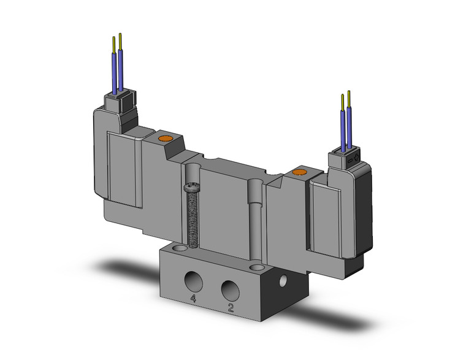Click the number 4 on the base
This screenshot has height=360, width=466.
(x=193, y=299)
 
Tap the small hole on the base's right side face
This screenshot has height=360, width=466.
(x=283, y=281)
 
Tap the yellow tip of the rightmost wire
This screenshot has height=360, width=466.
(x=349, y=98)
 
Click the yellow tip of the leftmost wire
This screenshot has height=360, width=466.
(x=113, y=43)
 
